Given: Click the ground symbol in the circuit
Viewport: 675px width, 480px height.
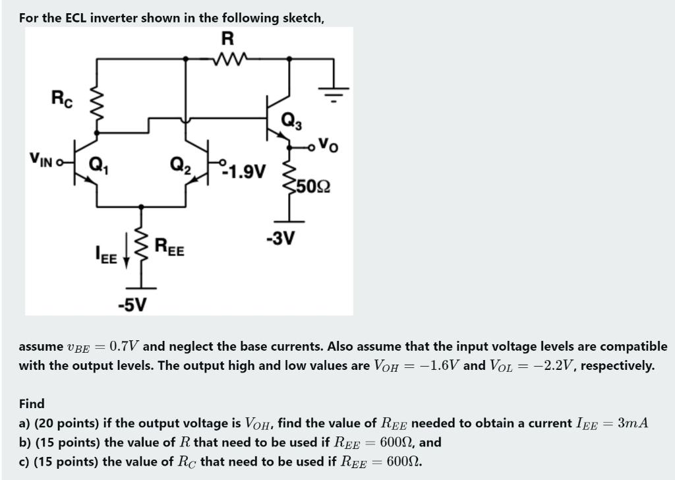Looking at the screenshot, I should (x=335, y=92).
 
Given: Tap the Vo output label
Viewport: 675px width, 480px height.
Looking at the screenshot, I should (x=328, y=144).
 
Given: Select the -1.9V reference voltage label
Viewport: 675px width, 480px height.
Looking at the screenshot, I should (x=245, y=173).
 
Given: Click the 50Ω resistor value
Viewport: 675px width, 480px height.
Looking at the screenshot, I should (x=312, y=186).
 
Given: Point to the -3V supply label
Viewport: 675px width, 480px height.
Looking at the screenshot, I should (x=279, y=237).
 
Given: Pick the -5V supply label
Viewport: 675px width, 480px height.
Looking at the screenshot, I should (x=132, y=305).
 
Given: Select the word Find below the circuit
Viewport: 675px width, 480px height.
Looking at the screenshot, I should (x=32, y=404).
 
